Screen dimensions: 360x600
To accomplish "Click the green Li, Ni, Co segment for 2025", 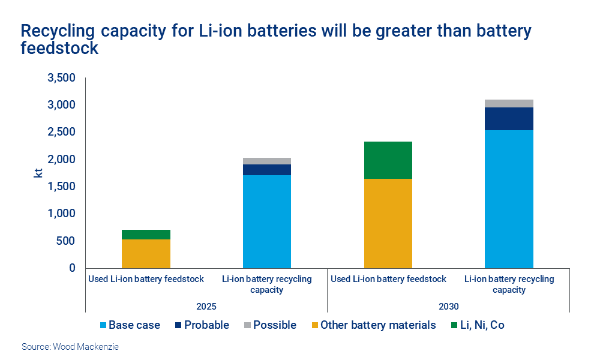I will (146, 235).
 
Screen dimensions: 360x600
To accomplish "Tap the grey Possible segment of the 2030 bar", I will (509, 103).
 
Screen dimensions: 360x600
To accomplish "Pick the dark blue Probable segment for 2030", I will (509, 119).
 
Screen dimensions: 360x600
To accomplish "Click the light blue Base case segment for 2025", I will (267, 221).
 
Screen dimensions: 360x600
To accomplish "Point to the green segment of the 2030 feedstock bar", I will (388, 160).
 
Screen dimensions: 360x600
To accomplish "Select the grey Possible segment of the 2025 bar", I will (267, 161).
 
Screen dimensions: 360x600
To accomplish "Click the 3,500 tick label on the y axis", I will (61, 78).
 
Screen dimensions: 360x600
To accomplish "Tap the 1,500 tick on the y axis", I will (61, 187).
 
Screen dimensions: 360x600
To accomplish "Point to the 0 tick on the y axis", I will (72, 268).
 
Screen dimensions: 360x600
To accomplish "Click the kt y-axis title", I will (38, 173).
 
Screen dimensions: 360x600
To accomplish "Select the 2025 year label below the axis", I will (206, 306).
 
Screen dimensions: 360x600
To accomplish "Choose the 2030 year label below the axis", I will (448, 306).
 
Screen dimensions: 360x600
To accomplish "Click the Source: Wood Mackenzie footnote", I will (70, 347).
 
